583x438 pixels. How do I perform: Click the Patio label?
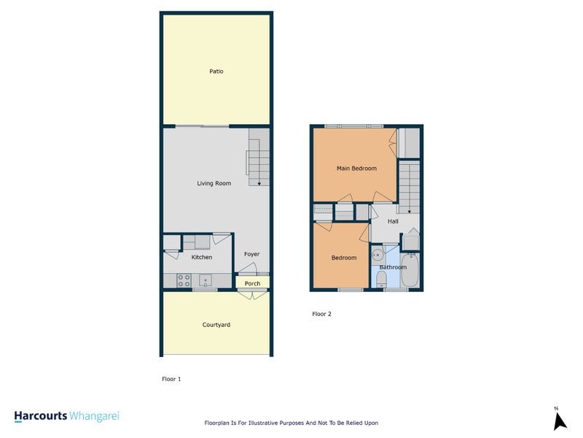coord(216,72)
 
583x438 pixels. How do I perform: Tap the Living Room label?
coord(214,183)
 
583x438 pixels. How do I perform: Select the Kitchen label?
coord(202,257)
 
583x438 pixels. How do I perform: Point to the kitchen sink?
coord(206,280)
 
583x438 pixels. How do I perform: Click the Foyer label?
coord(251,254)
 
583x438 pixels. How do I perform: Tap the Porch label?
coord(252,283)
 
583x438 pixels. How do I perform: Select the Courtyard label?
coord(216,324)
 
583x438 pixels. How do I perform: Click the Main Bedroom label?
coord(356,169)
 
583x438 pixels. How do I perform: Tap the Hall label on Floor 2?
coord(393,221)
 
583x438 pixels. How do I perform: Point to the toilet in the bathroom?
coord(381,278)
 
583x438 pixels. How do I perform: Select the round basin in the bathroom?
coord(377,255)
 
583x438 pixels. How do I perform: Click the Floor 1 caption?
coord(171,379)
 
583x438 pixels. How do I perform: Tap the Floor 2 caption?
coord(321,314)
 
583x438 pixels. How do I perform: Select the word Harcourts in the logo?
coord(40,416)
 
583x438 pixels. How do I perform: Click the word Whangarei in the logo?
coord(94,416)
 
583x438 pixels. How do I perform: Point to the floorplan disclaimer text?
coord(291,423)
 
